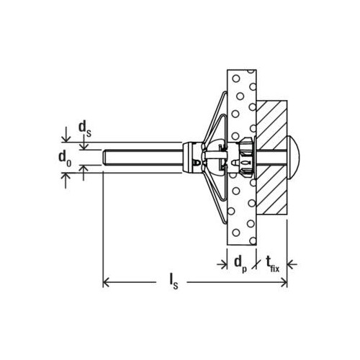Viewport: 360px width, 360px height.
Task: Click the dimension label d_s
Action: (85, 129)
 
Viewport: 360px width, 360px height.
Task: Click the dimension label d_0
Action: (65, 158)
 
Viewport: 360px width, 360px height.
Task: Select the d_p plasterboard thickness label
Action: (240, 264)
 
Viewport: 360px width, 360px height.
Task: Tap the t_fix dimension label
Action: (272, 264)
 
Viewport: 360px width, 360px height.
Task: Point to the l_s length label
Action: (174, 282)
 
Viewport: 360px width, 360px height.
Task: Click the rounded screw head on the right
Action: (293, 157)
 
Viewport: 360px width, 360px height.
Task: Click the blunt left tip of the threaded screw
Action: (104, 157)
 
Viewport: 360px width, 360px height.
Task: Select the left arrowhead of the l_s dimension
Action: (106, 282)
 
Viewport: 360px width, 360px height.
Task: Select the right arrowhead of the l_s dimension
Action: (284, 282)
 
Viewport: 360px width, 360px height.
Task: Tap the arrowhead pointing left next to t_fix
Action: (290, 264)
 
